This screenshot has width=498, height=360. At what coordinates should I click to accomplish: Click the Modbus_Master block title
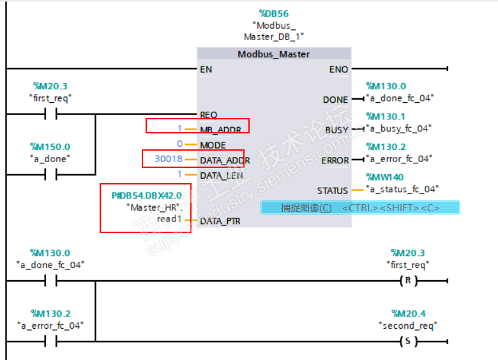click(x=273, y=54)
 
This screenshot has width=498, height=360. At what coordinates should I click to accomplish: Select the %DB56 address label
click(x=274, y=13)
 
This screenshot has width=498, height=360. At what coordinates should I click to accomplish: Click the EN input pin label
click(x=206, y=69)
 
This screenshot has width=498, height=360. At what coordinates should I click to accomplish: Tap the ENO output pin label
click(x=338, y=69)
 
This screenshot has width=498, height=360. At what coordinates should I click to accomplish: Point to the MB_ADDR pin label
click(x=220, y=130)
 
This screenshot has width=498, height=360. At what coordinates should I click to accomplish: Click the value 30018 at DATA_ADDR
click(x=169, y=160)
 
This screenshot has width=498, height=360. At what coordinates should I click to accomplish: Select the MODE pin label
click(x=213, y=145)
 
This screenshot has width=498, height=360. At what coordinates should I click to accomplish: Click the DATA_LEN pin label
click(x=221, y=175)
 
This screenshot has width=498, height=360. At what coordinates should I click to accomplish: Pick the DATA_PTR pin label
click(x=220, y=220)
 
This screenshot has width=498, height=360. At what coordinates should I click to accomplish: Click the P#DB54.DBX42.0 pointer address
click(x=146, y=195)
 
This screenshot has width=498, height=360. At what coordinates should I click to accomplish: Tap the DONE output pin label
click(x=335, y=100)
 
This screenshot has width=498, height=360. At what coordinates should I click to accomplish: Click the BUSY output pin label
click(x=336, y=130)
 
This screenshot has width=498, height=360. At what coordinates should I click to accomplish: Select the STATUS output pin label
click(x=332, y=190)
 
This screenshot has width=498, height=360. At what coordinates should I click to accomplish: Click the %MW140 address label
click(x=385, y=177)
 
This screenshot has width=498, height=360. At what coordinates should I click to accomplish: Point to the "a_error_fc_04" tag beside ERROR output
click(x=399, y=158)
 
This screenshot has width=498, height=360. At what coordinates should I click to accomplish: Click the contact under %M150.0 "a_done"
click(x=50, y=175)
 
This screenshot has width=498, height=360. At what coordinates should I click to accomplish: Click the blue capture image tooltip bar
click(x=360, y=208)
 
